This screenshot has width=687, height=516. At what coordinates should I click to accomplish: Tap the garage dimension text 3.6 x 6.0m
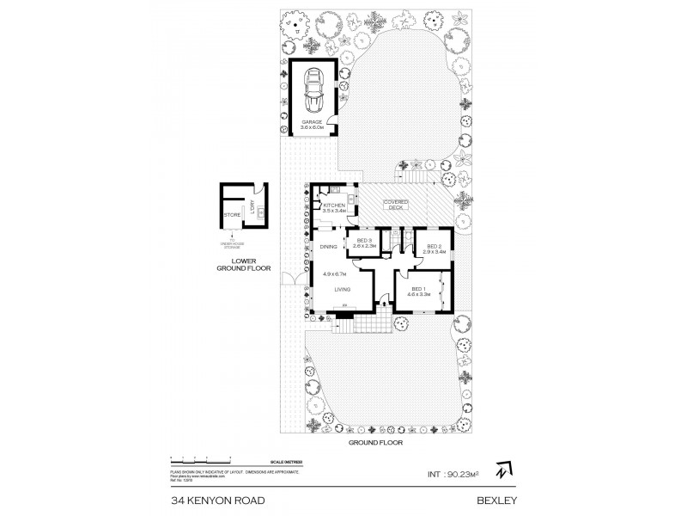312,128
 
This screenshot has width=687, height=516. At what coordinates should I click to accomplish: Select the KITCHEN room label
334,205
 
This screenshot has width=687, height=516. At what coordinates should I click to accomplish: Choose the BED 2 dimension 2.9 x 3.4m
435,252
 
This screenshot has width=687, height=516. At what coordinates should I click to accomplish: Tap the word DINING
328,248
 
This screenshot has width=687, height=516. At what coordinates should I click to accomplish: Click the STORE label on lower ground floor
232,214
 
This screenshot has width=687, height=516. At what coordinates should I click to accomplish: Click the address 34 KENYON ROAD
206,498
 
